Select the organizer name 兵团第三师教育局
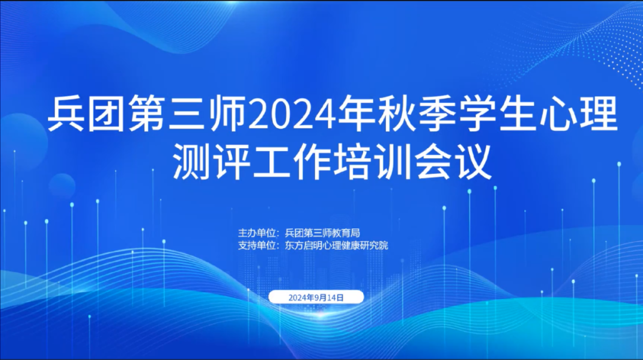(x=322, y=233)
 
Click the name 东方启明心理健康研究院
(x=336, y=245)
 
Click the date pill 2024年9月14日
(x=316, y=297)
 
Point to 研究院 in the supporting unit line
(x=375, y=245)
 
